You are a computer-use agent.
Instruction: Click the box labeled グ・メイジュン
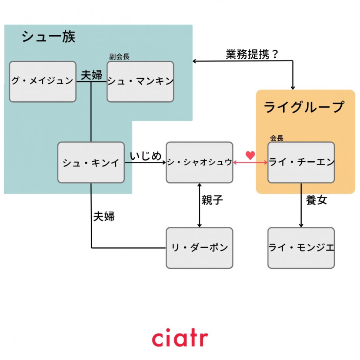click(43, 82)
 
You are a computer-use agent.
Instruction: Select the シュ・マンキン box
click(140, 82)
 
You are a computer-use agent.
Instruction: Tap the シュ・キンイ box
click(91, 162)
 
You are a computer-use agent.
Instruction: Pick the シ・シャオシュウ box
click(200, 162)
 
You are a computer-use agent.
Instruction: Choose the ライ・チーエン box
click(301, 162)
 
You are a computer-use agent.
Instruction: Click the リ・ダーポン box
click(200, 248)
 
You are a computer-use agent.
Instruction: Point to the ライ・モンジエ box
click(301, 248)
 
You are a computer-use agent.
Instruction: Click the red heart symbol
click(250, 155)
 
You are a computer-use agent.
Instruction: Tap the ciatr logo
click(180, 338)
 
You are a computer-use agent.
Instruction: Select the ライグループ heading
click(304, 107)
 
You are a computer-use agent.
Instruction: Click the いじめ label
click(145, 156)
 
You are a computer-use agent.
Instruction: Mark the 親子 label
click(212, 200)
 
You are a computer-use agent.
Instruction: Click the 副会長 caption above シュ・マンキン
click(119, 57)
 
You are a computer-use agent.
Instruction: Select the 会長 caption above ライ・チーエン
click(277, 138)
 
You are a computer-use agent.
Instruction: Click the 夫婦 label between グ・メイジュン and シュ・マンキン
click(91, 74)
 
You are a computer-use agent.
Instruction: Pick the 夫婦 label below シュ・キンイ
click(104, 216)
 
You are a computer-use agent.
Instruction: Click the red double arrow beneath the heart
click(250, 163)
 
